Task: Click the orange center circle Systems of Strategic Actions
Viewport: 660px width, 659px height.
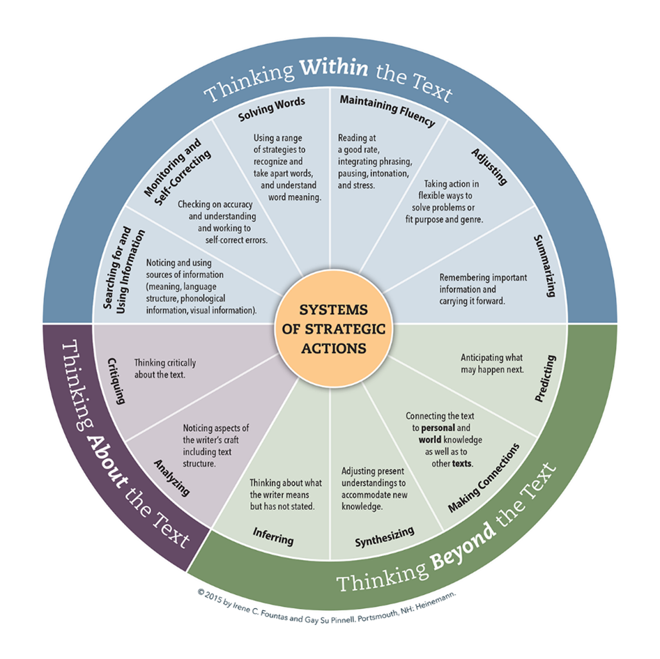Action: pos(332,328)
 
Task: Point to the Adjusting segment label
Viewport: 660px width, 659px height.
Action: pos(488,166)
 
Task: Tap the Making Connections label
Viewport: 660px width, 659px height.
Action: pos(484,477)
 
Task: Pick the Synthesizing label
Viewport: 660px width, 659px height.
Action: pos(384,536)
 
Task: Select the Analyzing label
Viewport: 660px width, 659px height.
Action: pos(171,476)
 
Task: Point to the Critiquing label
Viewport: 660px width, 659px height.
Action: pos(116,380)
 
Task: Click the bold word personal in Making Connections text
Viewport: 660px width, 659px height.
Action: pos(438,428)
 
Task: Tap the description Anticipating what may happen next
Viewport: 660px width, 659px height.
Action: pos(492,363)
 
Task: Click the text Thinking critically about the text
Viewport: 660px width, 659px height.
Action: pos(165,368)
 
